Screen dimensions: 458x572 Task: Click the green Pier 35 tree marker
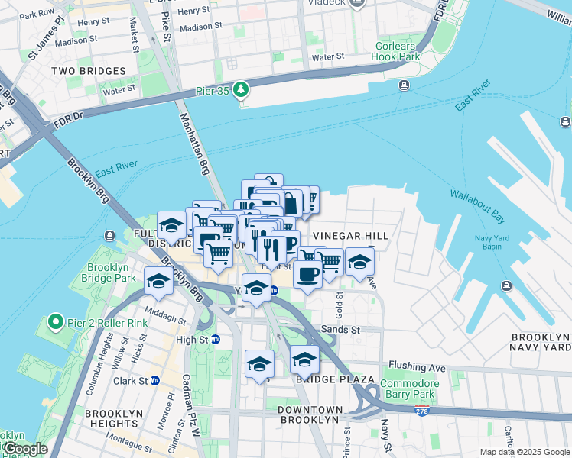242,90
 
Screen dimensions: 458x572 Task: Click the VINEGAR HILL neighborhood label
351,237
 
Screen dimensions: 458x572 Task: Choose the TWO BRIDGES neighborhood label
88,71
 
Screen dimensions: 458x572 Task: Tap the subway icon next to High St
216,339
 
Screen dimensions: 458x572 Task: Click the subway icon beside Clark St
155,380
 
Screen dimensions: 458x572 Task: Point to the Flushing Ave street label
416,367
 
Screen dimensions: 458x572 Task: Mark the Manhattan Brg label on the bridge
195,145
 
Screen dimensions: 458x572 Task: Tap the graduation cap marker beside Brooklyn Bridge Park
158,281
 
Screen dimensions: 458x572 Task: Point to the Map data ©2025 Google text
524,452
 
